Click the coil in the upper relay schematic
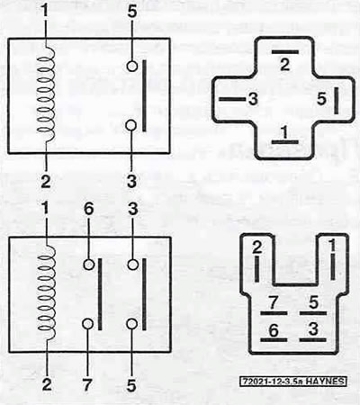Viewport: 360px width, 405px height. click(47, 94)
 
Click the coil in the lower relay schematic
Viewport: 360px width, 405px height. click(47, 292)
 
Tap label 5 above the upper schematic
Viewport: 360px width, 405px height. click(131, 12)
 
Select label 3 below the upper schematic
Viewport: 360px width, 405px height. click(131, 181)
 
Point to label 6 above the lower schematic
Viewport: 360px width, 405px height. click(88, 209)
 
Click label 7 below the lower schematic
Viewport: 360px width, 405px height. click(87, 385)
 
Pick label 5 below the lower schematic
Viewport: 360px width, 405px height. click(131, 385)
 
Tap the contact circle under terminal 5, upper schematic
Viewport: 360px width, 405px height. click(131, 66)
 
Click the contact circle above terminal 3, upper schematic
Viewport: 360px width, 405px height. click(131, 126)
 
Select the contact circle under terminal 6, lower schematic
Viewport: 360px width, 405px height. click(89, 265)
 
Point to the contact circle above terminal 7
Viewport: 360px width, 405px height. click(87, 324)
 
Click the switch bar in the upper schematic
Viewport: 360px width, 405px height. click(144, 95)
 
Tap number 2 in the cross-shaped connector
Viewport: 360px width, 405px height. click(285, 65)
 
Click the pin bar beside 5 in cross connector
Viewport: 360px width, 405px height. click(336, 101)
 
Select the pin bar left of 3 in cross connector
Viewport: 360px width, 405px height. click(232, 99)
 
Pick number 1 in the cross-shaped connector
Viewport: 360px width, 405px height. click(284, 132)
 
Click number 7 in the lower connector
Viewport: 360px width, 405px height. click(273, 303)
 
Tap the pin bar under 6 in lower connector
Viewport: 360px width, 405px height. click(274, 340)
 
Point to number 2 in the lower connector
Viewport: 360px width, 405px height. click(257, 247)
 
